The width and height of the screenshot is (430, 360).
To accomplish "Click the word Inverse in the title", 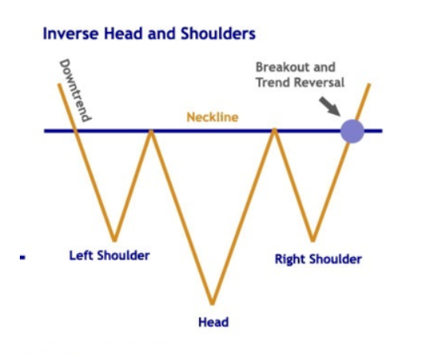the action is (71, 34).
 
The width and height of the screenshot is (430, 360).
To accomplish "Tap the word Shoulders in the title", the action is (218, 34).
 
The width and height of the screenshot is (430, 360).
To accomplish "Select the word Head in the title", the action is (124, 34).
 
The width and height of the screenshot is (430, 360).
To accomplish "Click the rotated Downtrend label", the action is (75, 90).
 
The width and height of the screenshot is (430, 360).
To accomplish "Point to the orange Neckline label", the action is (213, 117).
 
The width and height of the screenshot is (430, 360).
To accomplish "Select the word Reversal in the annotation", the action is (321, 82).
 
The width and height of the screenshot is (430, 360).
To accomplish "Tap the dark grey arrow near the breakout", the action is (329, 106).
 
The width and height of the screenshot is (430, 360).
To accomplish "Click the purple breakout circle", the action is (352, 132).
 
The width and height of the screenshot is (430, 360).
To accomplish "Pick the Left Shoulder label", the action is (109, 255).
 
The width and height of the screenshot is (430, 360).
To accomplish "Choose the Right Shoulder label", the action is (318, 259).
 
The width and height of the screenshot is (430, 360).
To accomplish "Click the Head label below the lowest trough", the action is (213, 322).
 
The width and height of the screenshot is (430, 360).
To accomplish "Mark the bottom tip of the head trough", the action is (213, 304).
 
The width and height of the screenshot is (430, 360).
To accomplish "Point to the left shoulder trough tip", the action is (114, 240).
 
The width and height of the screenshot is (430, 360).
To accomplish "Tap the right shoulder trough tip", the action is (313, 240).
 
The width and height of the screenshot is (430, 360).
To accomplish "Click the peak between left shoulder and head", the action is (151, 131).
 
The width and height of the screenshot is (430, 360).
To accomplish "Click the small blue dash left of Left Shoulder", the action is (23, 257).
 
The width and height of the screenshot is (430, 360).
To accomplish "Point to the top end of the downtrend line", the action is (59, 84).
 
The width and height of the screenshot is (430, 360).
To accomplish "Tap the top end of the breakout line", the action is (369, 84).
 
